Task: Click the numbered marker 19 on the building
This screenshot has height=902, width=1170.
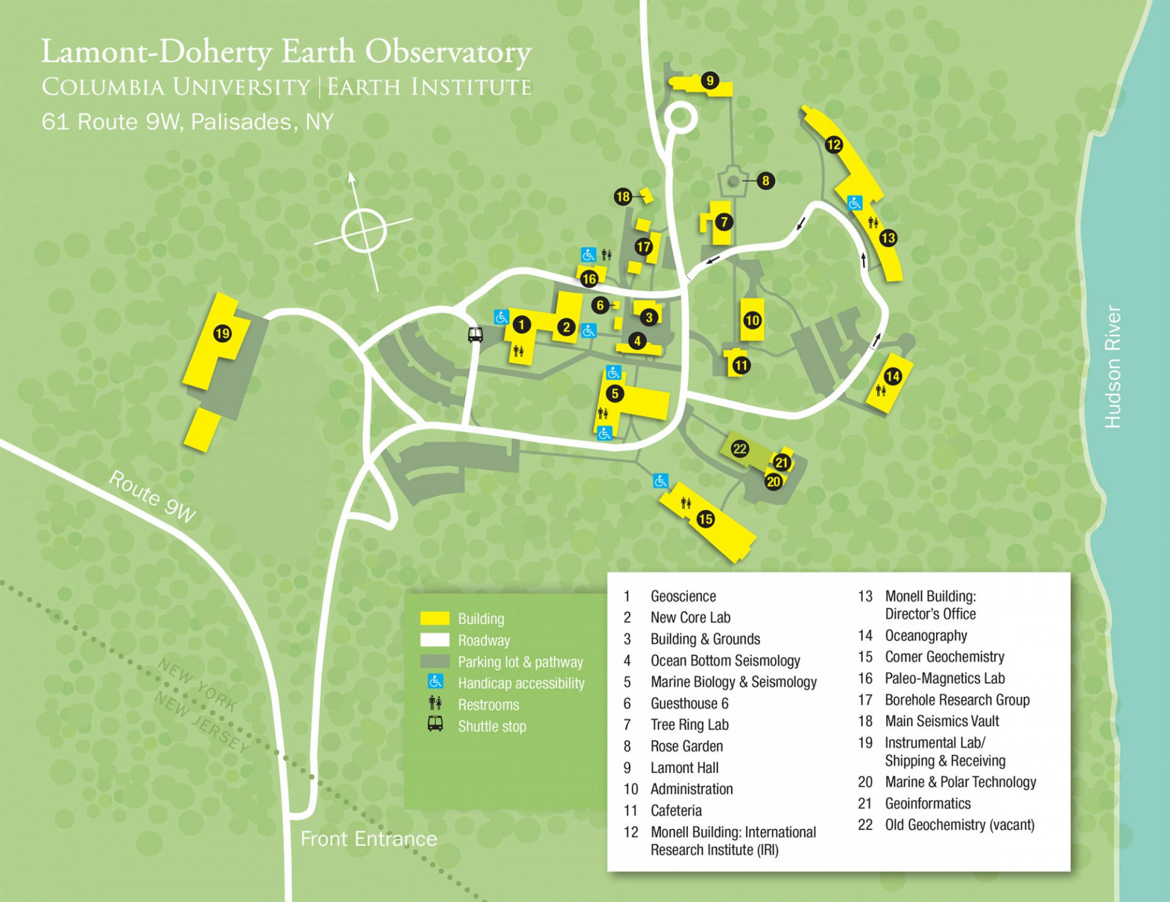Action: click(x=222, y=333)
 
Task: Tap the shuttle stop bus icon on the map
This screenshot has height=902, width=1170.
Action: click(x=475, y=334)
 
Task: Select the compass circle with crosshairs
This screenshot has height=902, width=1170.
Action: click(x=364, y=231)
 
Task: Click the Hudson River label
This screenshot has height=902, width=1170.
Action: click(x=1113, y=367)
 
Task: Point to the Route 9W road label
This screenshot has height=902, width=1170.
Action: click(x=152, y=497)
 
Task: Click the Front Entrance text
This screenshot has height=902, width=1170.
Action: click(x=369, y=839)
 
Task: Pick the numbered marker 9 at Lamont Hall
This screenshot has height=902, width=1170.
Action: click(x=709, y=80)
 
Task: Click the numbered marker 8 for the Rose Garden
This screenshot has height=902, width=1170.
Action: click(x=766, y=180)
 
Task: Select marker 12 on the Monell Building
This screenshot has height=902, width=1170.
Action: click(x=834, y=145)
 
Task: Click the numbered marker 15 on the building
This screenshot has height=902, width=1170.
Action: click(x=706, y=519)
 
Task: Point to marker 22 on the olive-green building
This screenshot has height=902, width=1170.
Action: click(x=740, y=449)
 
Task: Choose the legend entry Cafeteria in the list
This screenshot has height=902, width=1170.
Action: click(x=676, y=811)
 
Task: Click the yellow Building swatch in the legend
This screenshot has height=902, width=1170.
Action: click(x=434, y=619)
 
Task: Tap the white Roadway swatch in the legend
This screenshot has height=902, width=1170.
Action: click(x=434, y=640)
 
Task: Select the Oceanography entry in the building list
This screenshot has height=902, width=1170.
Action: click(x=926, y=636)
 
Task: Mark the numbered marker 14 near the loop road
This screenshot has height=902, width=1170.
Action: click(x=893, y=376)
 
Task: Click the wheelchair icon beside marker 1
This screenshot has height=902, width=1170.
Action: click(x=501, y=317)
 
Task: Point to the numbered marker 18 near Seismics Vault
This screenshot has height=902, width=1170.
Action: click(x=622, y=196)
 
